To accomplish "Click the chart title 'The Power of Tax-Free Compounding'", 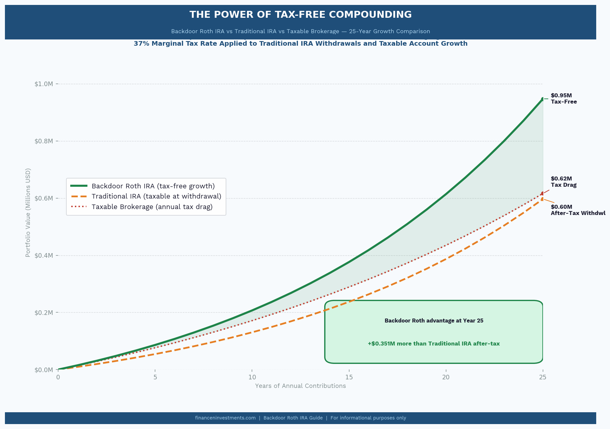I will click(x=300, y=15).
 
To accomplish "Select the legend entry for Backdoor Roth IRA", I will click(x=153, y=186).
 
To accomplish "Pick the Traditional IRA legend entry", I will click(x=156, y=196).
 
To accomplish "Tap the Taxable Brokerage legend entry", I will click(x=152, y=207).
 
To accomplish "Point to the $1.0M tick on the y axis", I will click(x=44, y=84).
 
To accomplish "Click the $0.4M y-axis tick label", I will click(x=44, y=255).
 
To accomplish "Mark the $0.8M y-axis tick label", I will click(x=44, y=141).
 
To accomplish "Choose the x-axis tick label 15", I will click(x=349, y=377).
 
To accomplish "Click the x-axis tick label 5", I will click(x=155, y=377).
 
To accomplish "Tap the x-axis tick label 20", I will click(x=446, y=377).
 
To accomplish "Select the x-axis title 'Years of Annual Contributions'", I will click(x=300, y=386).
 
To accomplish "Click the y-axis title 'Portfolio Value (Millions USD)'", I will click(x=28, y=213).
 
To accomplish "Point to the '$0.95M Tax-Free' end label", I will click(x=564, y=99).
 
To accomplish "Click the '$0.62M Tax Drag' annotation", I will click(x=564, y=182).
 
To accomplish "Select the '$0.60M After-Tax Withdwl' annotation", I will click(x=578, y=210).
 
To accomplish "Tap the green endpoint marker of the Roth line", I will click(x=543, y=99).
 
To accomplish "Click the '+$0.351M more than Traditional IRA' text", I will click(x=434, y=344).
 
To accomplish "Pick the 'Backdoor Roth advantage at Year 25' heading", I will click(x=434, y=321).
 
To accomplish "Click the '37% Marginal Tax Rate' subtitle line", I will click(x=300, y=44).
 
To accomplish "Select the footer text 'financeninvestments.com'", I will click(x=225, y=418).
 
